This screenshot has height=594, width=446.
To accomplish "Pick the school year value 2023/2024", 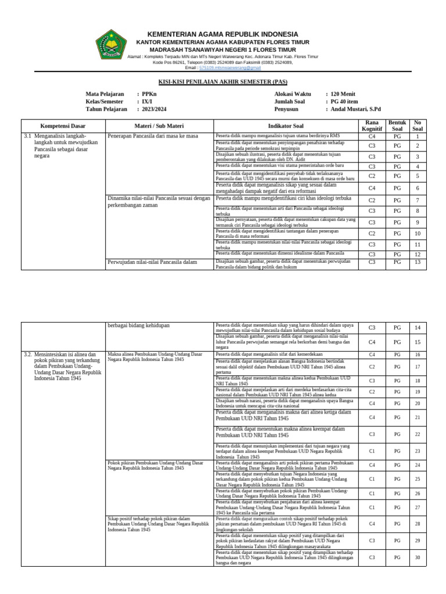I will click(x=153, y=108).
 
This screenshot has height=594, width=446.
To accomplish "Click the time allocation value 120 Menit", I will click(x=343, y=94).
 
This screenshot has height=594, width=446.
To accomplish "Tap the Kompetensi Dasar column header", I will click(x=63, y=126).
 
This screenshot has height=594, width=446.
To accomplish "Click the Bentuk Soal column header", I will click(x=397, y=126).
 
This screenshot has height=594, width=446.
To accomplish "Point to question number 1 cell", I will click(x=417, y=137).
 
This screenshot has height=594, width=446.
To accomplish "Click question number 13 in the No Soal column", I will click(x=417, y=262).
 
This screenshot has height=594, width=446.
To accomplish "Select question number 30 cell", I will click(x=417, y=558).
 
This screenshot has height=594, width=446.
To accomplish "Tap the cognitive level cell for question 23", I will click(x=372, y=451).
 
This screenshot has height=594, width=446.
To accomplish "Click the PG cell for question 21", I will click(x=397, y=418).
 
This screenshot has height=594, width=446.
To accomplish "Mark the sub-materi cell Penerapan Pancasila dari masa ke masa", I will click(x=153, y=136).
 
